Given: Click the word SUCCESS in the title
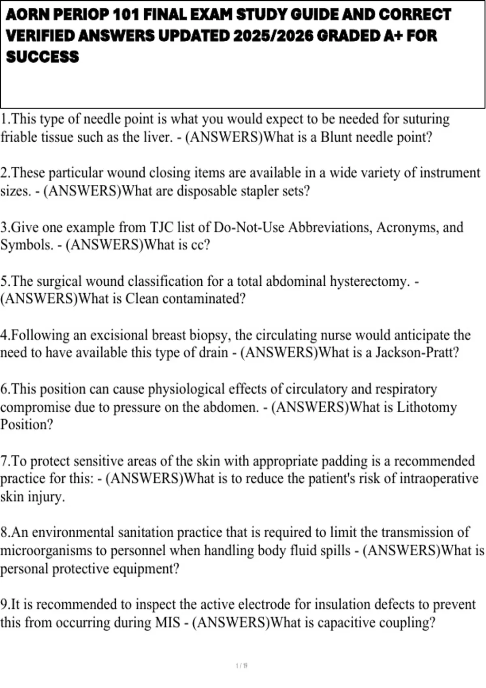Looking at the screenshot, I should [43, 57].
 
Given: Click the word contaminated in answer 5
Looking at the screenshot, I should [204, 299].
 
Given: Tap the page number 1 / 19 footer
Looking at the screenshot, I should [241, 666].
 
